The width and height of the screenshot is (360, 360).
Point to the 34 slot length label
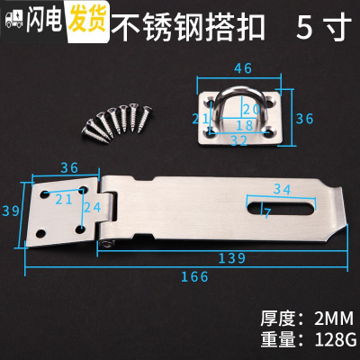point(281,189)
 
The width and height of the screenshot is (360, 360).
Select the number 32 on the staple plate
point(239,140)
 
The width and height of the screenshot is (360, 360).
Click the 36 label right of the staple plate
point(306,117)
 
